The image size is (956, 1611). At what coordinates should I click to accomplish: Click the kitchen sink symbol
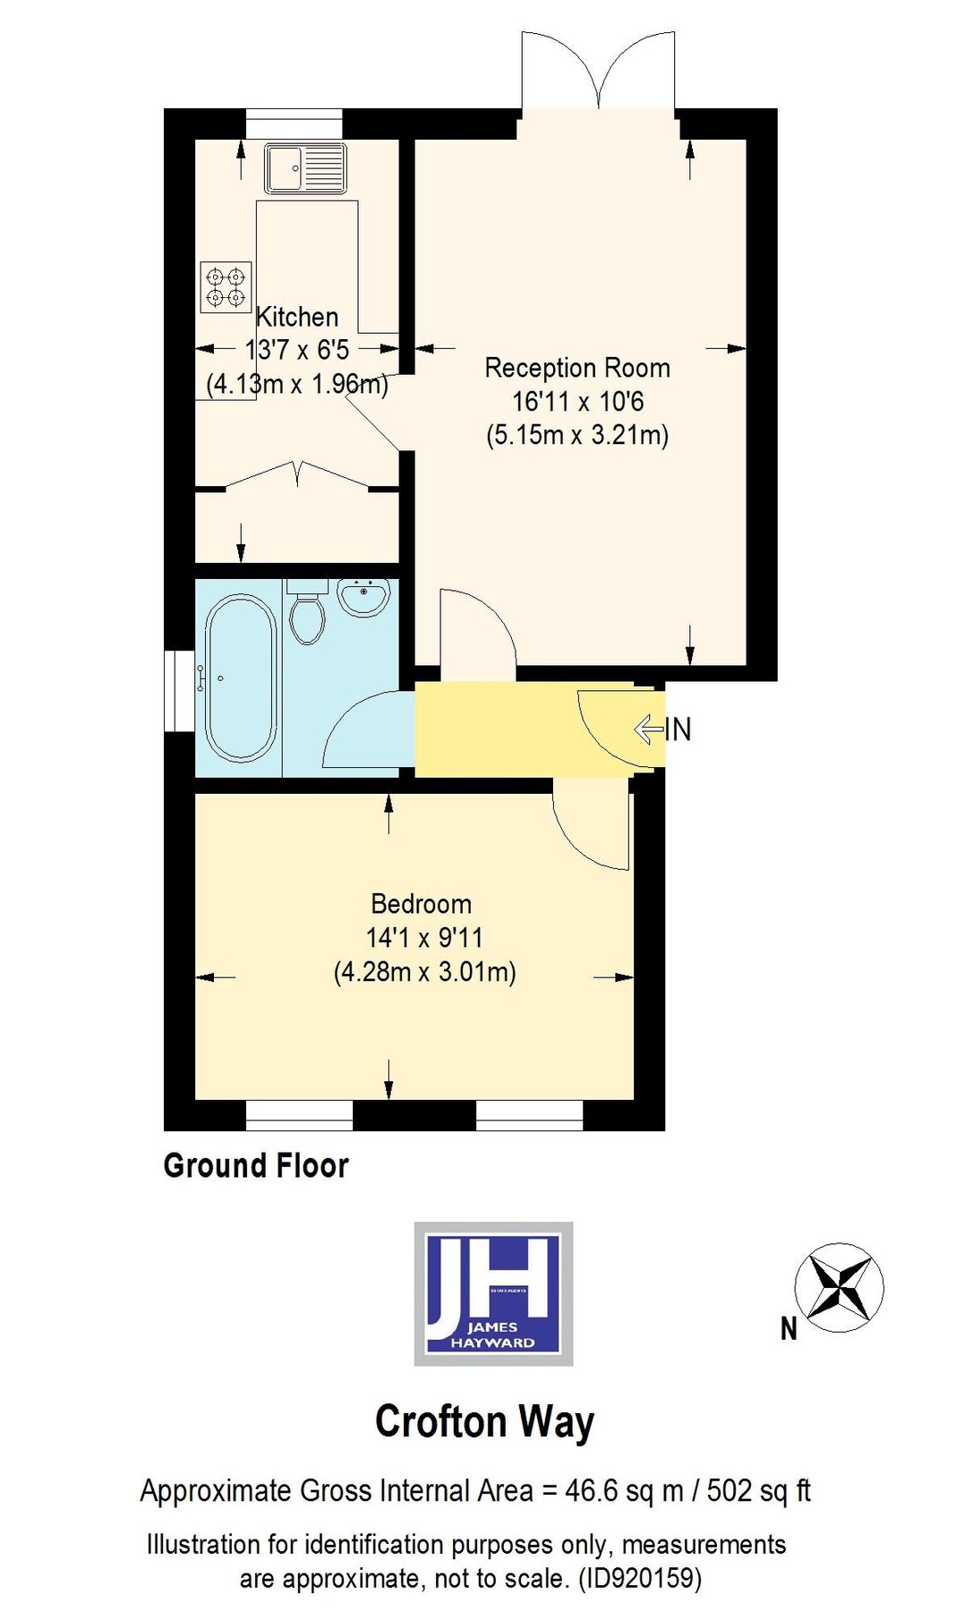point(304,167)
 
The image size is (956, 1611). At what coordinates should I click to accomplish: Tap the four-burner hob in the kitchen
point(226,286)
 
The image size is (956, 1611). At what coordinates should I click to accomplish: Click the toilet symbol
point(308,612)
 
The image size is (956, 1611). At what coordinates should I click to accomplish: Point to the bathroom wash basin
point(363,597)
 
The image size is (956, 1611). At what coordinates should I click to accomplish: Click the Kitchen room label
point(297,317)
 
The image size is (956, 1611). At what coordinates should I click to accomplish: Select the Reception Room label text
point(577,368)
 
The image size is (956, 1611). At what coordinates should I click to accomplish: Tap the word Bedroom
point(421,904)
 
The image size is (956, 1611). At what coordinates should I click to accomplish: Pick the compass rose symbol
point(839,1287)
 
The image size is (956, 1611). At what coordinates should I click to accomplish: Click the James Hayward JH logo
point(493,1293)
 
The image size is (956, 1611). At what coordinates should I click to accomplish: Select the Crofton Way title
point(484,1421)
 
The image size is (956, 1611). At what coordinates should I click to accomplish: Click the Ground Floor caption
point(256,1165)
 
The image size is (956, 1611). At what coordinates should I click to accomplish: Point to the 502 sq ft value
point(758,1491)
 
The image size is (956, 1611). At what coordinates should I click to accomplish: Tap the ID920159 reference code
point(640,1577)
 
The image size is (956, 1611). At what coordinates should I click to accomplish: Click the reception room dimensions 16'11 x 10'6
point(577,402)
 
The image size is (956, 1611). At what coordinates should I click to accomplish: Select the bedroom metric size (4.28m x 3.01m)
point(424,972)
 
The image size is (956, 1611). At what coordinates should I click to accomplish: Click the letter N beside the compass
point(789,1329)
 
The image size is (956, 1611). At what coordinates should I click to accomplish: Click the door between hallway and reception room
point(476,631)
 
